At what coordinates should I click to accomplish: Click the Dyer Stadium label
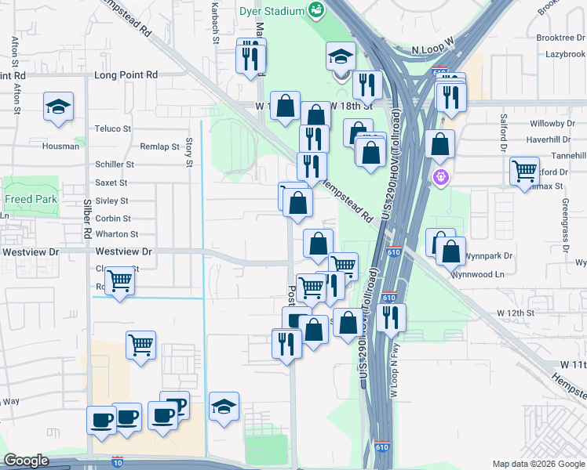click(x=273, y=10)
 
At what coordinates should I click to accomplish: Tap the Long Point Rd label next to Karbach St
click(x=126, y=75)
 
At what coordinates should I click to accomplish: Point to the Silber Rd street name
click(x=86, y=224)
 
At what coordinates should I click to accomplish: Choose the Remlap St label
click(x=159, y=146)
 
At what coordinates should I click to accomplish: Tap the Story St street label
click(x=188, y=153)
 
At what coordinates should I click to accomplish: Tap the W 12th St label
click(x=515, y=313)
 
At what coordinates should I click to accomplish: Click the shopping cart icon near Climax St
click(x=523, y=170)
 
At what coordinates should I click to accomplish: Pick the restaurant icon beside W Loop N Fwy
click(x=390, y=316)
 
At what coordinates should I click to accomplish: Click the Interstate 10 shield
click(x=118, y=461)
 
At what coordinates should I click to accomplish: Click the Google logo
click(x=26, y=461)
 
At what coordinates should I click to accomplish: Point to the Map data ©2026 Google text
click(x=538, y=464)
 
